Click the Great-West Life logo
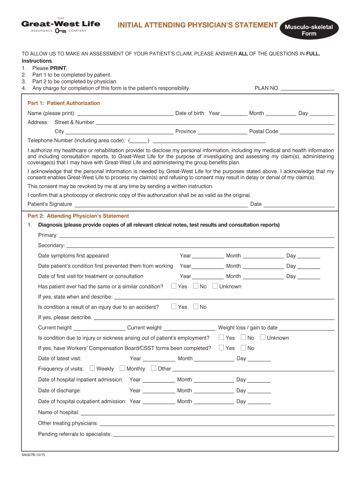(61, 26)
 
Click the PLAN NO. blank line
(308, 88)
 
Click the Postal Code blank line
(307, 131)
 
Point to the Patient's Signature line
(161, 204)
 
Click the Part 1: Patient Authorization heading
(64, 103)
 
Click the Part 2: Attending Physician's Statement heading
(78, 216)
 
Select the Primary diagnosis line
(197, 235)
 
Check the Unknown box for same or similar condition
(215, 286)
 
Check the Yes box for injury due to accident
(174, 306)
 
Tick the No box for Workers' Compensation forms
(243, 348)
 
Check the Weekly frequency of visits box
(92, 368)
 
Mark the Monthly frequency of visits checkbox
(122, 368)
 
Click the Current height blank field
(99, 327)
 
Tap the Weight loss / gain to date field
(307, 327)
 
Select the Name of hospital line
(208, 413)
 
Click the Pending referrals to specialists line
(223, 434)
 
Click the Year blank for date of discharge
(158, 391)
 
